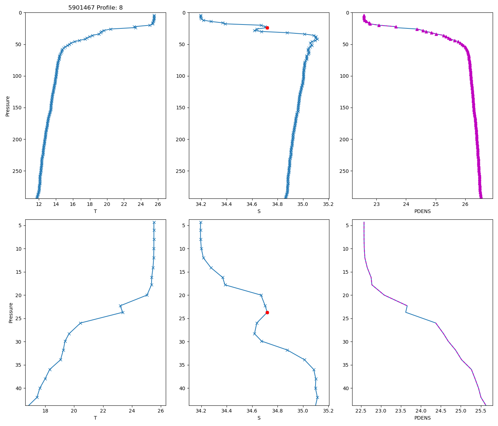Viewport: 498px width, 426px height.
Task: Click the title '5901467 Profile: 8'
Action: coord(95,7)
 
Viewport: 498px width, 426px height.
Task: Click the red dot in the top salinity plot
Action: coord(267,28)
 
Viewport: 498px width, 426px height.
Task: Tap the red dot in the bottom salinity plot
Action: coord(267,312)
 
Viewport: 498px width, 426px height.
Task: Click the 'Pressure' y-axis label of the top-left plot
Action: coord(7,106)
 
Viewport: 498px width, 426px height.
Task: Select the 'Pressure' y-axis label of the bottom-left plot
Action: coord(11,312)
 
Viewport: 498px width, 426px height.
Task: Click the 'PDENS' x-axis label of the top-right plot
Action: coord(422,211)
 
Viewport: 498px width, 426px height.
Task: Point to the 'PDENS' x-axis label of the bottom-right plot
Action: coord(422,418)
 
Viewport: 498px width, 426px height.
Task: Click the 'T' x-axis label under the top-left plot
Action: coord(95,211)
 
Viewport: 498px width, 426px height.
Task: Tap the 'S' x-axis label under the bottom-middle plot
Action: coord(259,418)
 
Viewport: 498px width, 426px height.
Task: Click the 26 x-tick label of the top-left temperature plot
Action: coord(158,204)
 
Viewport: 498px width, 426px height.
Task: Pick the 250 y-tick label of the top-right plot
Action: coord(344,171)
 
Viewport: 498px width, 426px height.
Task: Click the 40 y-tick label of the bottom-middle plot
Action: coord(181,388)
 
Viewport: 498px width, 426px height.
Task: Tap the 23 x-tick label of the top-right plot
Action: coord(377,204)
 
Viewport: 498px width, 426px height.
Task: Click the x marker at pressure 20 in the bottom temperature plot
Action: coord(147,295)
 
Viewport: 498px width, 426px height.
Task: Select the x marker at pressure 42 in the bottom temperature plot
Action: coord(37,397)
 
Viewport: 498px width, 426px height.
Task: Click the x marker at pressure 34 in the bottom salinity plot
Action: coord(304,360)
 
